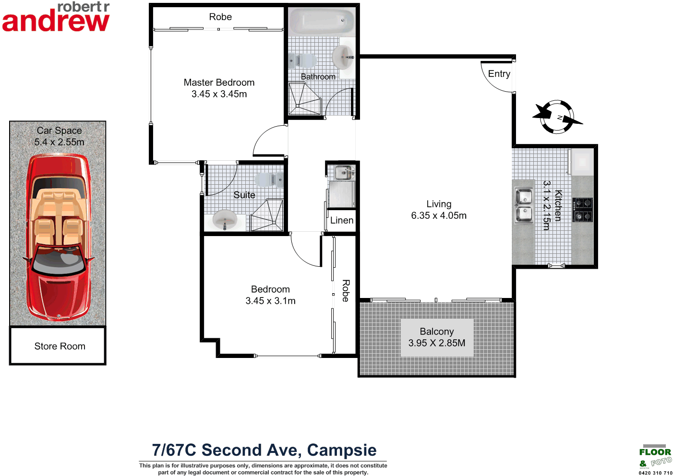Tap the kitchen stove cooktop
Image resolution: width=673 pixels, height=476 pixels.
click(582, 210)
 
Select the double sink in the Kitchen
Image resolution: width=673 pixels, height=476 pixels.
click(523, 205)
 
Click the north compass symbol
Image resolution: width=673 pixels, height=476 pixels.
click(557, 117)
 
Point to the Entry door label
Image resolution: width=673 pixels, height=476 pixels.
click(499, 74)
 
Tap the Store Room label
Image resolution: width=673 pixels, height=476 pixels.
click(60, 346)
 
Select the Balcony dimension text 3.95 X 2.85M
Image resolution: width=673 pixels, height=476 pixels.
click(436, 343)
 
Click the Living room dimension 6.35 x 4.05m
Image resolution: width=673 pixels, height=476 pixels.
click(438, 216)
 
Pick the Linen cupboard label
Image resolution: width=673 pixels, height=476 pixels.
click(342, 220)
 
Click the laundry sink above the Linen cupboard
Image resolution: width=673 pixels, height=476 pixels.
click(343, 172)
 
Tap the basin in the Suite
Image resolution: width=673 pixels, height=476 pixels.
click(225, 221)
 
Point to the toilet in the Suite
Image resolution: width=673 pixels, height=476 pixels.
click(269, 180)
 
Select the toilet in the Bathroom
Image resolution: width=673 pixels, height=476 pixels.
click(303, 61)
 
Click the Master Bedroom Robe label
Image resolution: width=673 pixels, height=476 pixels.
click(220, 17)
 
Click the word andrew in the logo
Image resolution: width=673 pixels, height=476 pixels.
click(56, 22)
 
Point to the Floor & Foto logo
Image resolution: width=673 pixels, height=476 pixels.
click(655, 458)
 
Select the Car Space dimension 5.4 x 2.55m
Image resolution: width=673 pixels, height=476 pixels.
click(59, 142)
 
